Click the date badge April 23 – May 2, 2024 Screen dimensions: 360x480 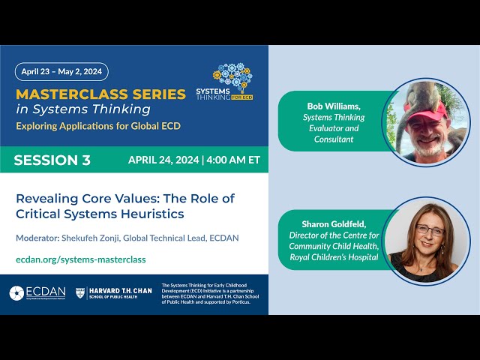tap(61, 72)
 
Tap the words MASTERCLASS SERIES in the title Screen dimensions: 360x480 tap(100, 94)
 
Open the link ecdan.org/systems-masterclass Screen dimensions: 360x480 tap(80, 259)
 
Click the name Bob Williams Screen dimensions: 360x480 tap(334, 106)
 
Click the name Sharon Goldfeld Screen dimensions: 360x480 tap(333, 224)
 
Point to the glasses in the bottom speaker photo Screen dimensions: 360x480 tap(429, 230)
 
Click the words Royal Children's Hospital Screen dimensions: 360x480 tap(334, 257)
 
